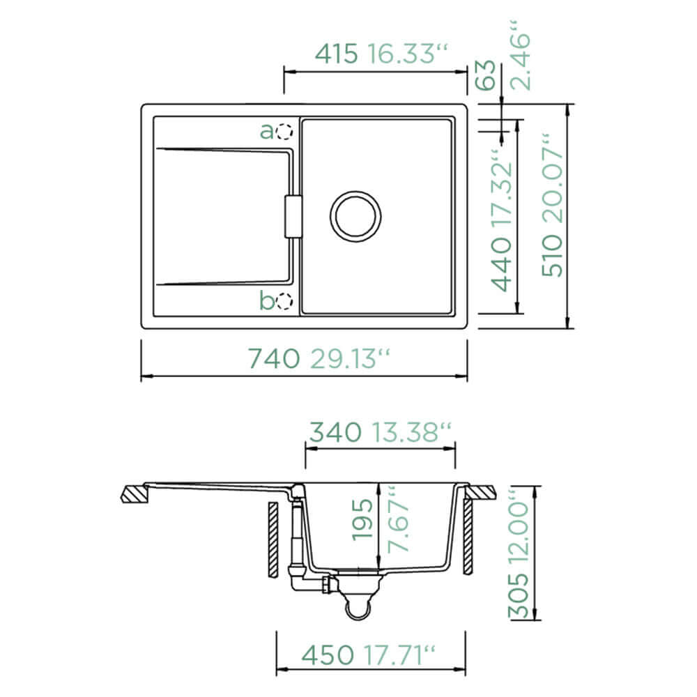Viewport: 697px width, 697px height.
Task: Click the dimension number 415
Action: [336, 54]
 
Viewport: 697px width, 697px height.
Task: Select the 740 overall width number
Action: [273, 359]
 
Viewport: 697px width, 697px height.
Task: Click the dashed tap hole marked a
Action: [284, 132]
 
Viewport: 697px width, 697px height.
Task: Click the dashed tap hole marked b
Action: [284, 301]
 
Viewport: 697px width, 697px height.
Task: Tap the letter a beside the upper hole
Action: [267, 132]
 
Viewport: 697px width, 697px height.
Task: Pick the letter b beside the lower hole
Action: [267, 300]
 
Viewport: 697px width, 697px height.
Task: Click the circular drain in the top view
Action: [355, 217]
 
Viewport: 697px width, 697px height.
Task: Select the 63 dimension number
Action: [486, 75]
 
